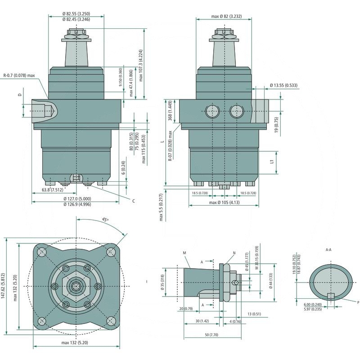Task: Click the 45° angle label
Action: coord(105,220)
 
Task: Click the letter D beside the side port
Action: coord(19,94)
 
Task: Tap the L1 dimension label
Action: coord(271,161)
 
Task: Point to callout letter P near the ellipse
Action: coord(358,302)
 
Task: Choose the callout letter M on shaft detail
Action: coord(184,253)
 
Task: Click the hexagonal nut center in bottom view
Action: coord(76,285)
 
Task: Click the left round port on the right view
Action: coord(211,111)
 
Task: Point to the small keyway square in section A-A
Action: coord(331,296)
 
